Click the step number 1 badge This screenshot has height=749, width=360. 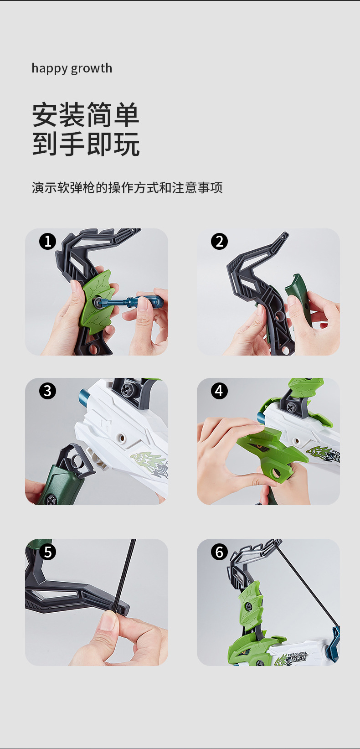pos(48,242)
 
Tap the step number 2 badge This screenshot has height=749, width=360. pos(219,242)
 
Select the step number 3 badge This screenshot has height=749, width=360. pos(48,391)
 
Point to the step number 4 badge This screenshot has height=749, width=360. pos(219,391)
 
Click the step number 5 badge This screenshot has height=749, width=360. pos(48,552)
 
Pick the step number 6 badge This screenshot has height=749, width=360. pos(219,552)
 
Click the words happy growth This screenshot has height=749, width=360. pos(72,68)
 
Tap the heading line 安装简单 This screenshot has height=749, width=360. pos(86,115)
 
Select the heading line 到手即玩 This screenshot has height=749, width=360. pos(86,144)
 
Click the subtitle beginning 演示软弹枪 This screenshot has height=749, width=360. pos(127,187)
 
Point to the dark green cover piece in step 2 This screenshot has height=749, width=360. pos(298,299)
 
